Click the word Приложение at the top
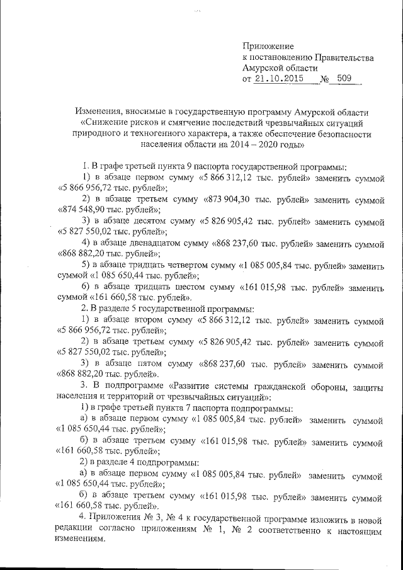[268, 46]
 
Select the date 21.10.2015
[278, 79]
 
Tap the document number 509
[344, 79]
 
